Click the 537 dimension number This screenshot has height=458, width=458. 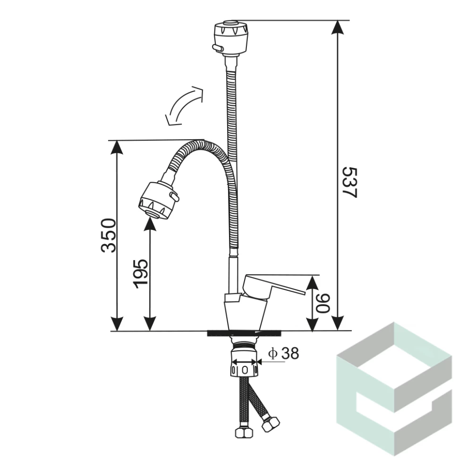(349, 183)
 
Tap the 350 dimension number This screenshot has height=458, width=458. (108, 236)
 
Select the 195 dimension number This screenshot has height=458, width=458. (141, 274)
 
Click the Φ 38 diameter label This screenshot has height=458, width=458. (284, 353)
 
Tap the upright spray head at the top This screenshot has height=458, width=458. (231, 37)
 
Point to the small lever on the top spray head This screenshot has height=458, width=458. (217, 48)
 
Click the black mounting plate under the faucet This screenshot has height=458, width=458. (244, 333)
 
